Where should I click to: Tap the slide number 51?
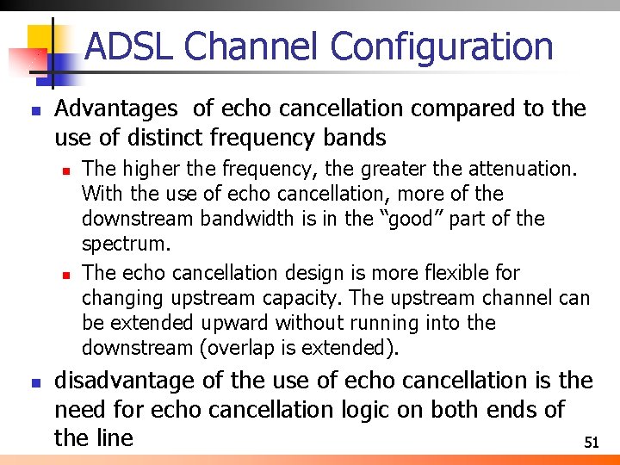pyautogui.click(x=591, y=443)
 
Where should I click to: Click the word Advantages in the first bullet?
pyautogui.click(x=116, y=108)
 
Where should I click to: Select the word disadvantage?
pyautogui.click(x=119, y=381)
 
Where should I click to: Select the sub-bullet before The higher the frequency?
pyautogui.click(x=65, y=170)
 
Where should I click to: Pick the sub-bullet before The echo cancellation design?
pyautogui.click(x=65, y=274)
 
